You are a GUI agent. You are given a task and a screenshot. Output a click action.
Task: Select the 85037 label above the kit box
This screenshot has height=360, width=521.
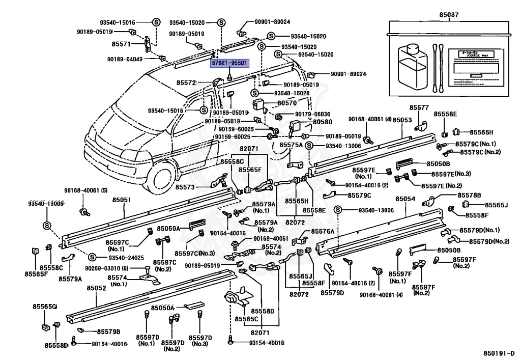[448, 15]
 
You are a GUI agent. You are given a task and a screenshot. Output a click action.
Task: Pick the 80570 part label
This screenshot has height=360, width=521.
[286, 102]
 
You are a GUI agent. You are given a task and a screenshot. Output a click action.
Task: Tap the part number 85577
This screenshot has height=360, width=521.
[419, 108]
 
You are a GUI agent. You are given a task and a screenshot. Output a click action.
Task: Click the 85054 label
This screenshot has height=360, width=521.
[405, 199]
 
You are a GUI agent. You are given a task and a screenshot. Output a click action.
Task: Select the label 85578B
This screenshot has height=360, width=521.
[469, 195]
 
